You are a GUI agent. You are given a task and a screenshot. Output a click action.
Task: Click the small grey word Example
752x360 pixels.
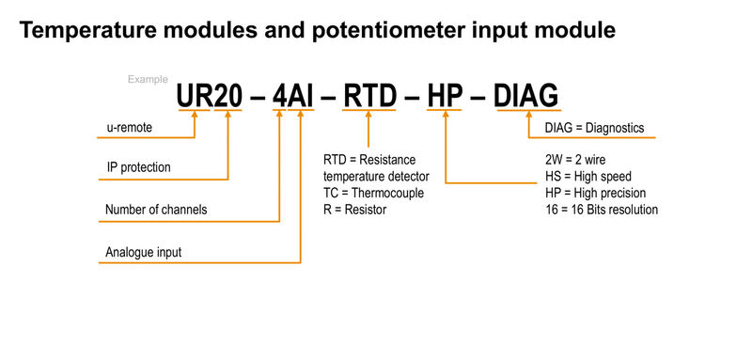(x=148, y=80)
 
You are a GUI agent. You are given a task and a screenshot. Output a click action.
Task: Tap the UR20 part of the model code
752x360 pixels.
(x=211, y=97)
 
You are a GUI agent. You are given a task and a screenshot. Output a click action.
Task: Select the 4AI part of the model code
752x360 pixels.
(x=290, y=97)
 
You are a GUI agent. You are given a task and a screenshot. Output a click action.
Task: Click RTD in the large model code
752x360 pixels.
(x=370, y=97)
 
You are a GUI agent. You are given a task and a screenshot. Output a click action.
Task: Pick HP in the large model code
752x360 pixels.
(x=445, y=97)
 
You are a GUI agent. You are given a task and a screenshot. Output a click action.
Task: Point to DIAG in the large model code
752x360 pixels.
(x=526, y=97)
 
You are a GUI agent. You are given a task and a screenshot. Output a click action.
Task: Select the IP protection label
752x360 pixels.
(x=139, y=168)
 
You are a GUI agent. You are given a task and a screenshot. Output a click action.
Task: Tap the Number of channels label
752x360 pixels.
(x=156, y=210)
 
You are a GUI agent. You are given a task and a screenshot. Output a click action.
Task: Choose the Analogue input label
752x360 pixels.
(x=144, y=252)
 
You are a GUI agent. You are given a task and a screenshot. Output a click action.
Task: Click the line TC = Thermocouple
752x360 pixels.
(x=373, y=194)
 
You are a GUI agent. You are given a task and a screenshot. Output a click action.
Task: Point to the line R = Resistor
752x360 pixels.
(x=354, y=210)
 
